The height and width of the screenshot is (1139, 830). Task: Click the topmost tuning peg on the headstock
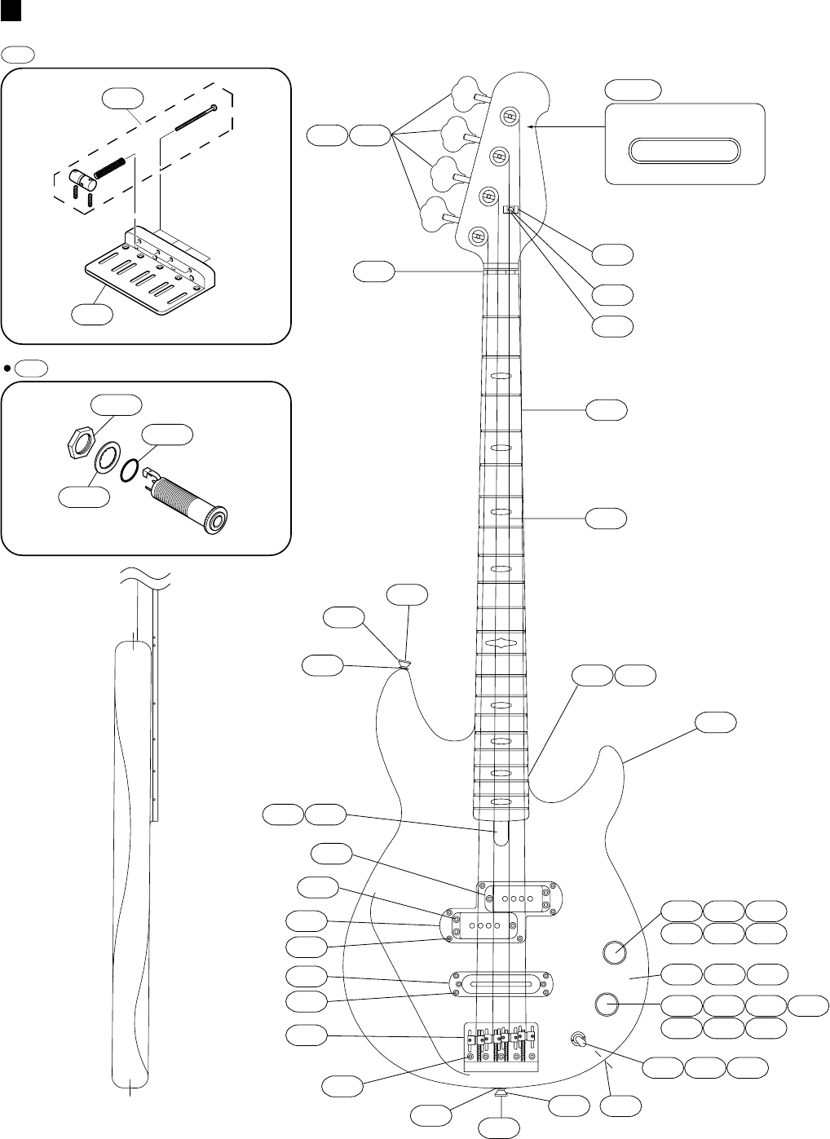(x=467, y=92)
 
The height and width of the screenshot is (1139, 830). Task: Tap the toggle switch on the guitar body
(x=579, y=1040)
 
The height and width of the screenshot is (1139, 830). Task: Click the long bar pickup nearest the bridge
(x=501, y=983)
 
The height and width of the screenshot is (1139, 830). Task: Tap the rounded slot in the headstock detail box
(x=684, y=151)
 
